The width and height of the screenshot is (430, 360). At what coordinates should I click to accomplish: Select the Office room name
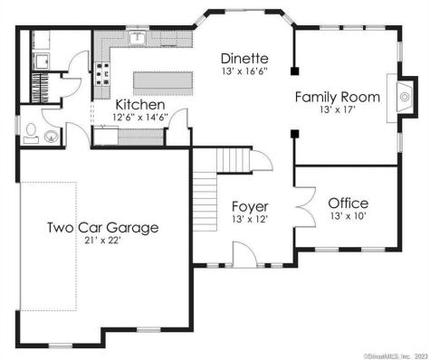[x=348, y=203]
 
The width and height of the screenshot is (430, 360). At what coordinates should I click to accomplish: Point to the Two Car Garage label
[x=102, y=227]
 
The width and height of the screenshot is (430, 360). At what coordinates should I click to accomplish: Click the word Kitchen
[x=139, y=105]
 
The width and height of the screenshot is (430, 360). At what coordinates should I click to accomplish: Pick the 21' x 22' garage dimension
[x=102, y=242]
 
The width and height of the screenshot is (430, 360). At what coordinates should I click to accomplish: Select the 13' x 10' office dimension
[x=348, y=217]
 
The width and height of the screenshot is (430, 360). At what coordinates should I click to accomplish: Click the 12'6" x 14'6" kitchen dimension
[x=139, y=118]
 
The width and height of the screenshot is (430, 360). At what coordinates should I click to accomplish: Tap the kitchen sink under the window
[x=138, y=39]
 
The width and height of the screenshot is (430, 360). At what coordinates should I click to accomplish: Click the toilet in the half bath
[x=32, y=136]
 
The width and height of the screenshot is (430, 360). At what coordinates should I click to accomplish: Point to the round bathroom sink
[x=50, y=137]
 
